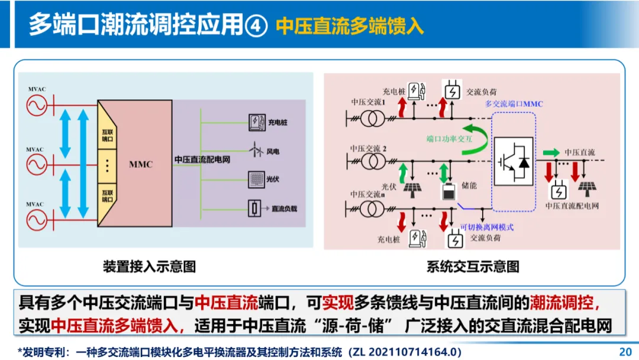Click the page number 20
coord(625,351)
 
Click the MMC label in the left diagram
coord(141,164)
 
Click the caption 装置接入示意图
coord(149,266)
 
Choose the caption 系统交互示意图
coord(472,266)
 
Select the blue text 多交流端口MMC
coord(514,104)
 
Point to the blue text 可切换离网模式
coord(486,227)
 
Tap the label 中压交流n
coord(367,194)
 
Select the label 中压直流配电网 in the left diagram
coord(202,160)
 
